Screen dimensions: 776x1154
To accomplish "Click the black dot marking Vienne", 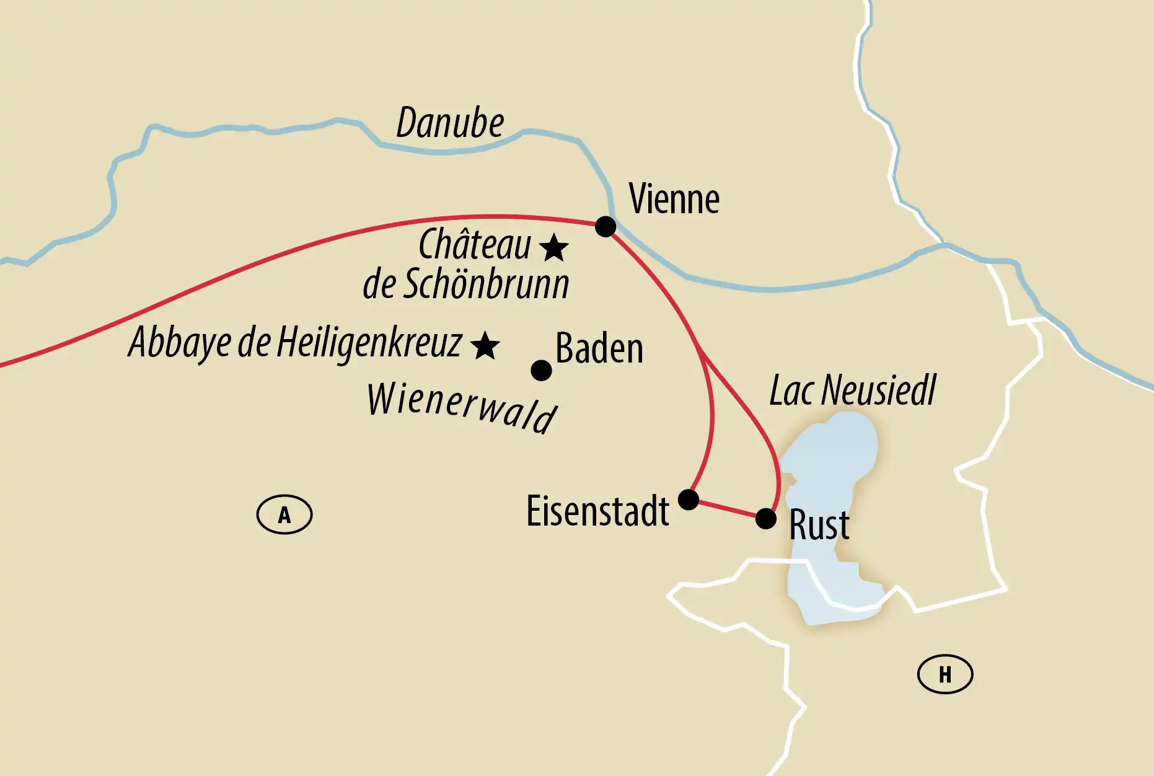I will (x=606, y=226).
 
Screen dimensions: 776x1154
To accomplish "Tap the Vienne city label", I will (x=674, y=199).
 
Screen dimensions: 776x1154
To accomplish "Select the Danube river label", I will (x=450, y=123).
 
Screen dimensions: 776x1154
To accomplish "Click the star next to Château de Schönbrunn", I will (x=553, y=248).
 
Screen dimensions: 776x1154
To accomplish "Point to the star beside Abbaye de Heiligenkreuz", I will (x=485, y=346).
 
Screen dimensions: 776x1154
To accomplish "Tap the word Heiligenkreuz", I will (x=369, y=342).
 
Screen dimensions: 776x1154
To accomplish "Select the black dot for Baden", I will (x=541, y=371).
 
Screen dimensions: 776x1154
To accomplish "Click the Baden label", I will (x=599, y=348).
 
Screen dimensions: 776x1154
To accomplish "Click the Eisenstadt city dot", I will (x=689, y=499).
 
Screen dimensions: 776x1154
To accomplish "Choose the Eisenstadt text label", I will (x=597, y=511).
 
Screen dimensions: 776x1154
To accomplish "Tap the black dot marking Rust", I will (x=766, y=518).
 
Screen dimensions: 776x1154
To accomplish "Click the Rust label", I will (x=819, y=525).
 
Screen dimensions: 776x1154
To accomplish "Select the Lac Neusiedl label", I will (x=852, y=391).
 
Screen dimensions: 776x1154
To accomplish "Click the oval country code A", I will (x=284, y=514).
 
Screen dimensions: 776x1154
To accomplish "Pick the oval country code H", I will (x=945, y=674).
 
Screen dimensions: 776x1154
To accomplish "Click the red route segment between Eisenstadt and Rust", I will (x=727, y=508).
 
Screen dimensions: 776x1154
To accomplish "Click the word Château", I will (x=475, y=244).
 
